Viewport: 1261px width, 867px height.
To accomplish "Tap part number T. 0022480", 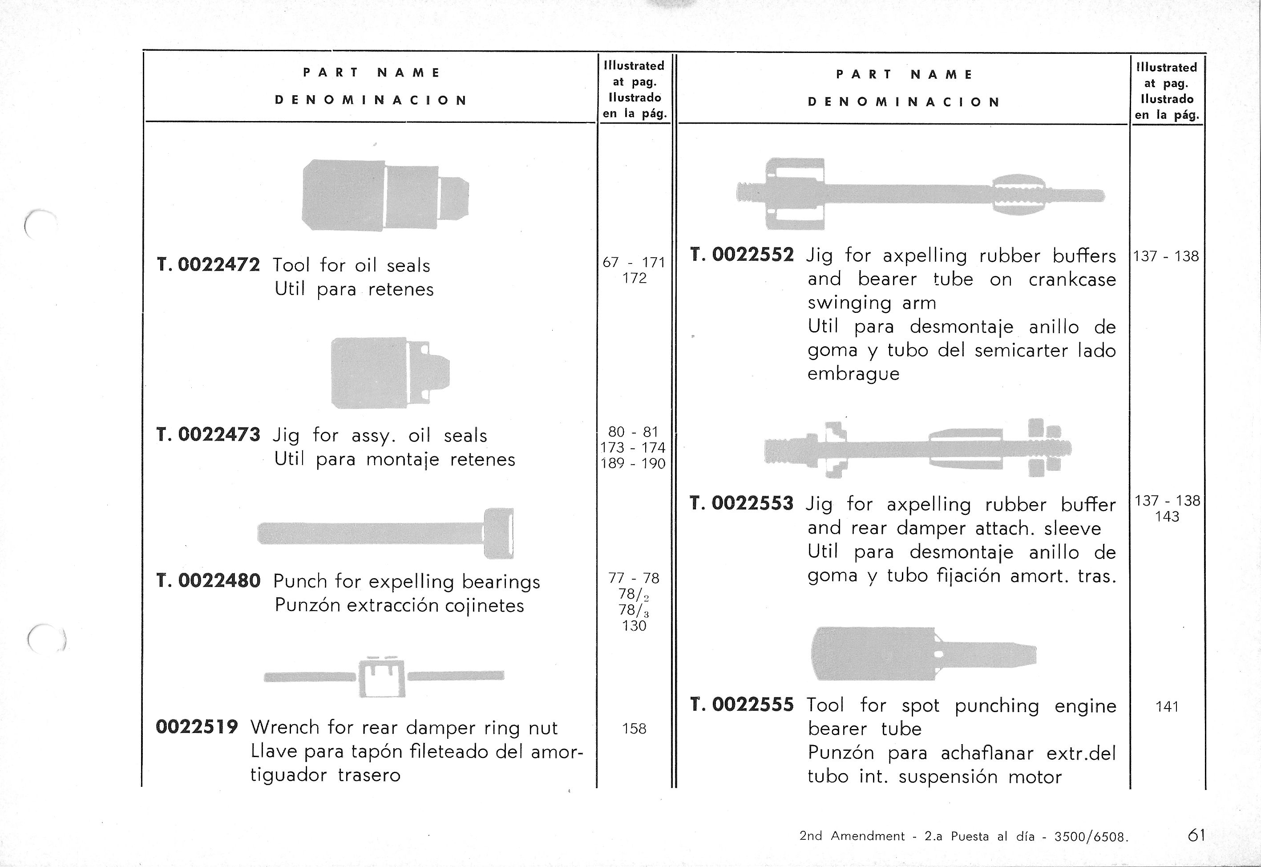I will click(x=208, y=581).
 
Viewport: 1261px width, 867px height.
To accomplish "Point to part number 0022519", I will click(x=197, y=727).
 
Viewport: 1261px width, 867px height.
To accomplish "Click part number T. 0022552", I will click(x=742, y=255).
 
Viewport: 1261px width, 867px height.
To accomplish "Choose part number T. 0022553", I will click(x=742, y=503).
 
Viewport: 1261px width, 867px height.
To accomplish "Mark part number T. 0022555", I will click(x=742, y=705).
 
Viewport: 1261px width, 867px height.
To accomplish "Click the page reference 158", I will click(x=634, y=729).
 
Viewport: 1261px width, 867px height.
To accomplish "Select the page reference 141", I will click(x=1167, y=707).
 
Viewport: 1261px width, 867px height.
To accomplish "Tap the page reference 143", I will click(x=1167, y=517).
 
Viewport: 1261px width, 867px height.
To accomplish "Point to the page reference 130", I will click(x=634, y=626).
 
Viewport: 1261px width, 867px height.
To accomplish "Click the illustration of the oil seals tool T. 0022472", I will click(x=384, y=195).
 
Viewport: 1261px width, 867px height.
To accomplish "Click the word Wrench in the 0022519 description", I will click(x=285, y=727).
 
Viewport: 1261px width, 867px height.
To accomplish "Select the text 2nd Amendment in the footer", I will click(x=852, y=836).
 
